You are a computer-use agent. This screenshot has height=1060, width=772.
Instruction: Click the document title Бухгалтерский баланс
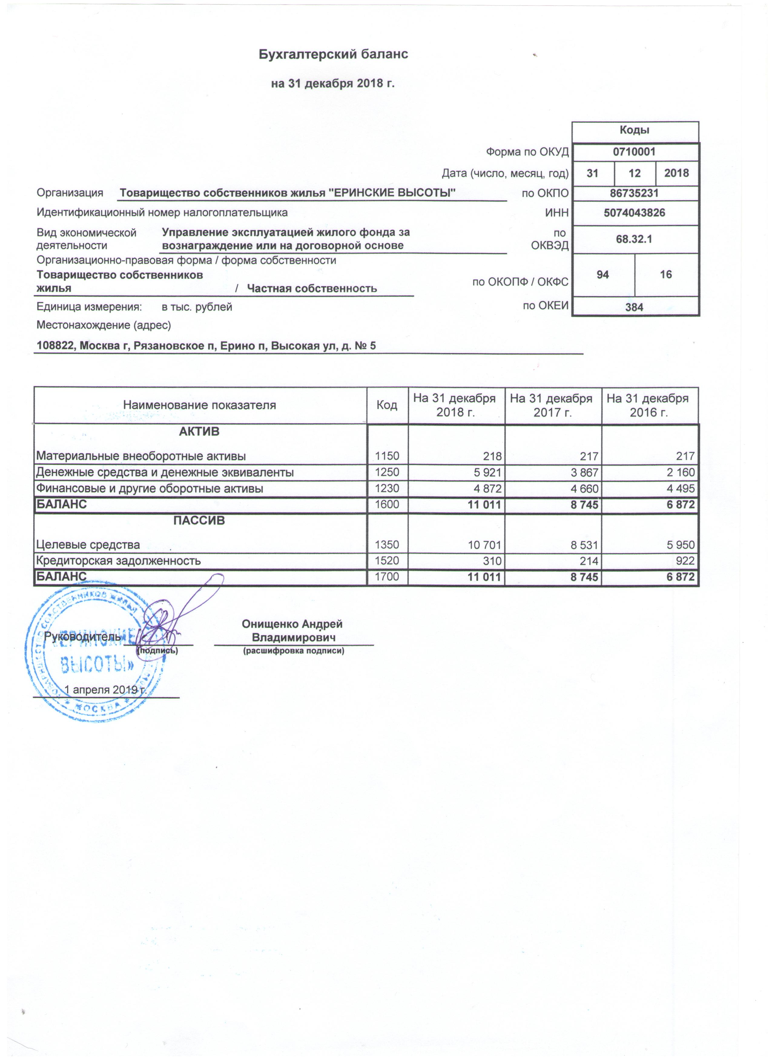pos(333,54)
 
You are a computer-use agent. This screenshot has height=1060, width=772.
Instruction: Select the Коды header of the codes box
pos(635,130)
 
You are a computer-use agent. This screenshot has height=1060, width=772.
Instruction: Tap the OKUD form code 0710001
pos(634,152)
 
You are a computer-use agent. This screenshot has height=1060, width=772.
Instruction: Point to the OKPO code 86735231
pos(634,193)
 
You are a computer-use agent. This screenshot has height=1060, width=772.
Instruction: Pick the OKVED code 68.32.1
pos(634,239)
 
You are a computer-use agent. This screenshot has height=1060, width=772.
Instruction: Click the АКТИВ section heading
pos(199,432)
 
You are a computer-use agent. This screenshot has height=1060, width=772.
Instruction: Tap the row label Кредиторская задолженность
pos(119,561)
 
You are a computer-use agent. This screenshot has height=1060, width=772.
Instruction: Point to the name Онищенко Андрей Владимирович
pos(292,630)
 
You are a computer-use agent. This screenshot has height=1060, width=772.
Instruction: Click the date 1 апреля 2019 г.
pos(106,690)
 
